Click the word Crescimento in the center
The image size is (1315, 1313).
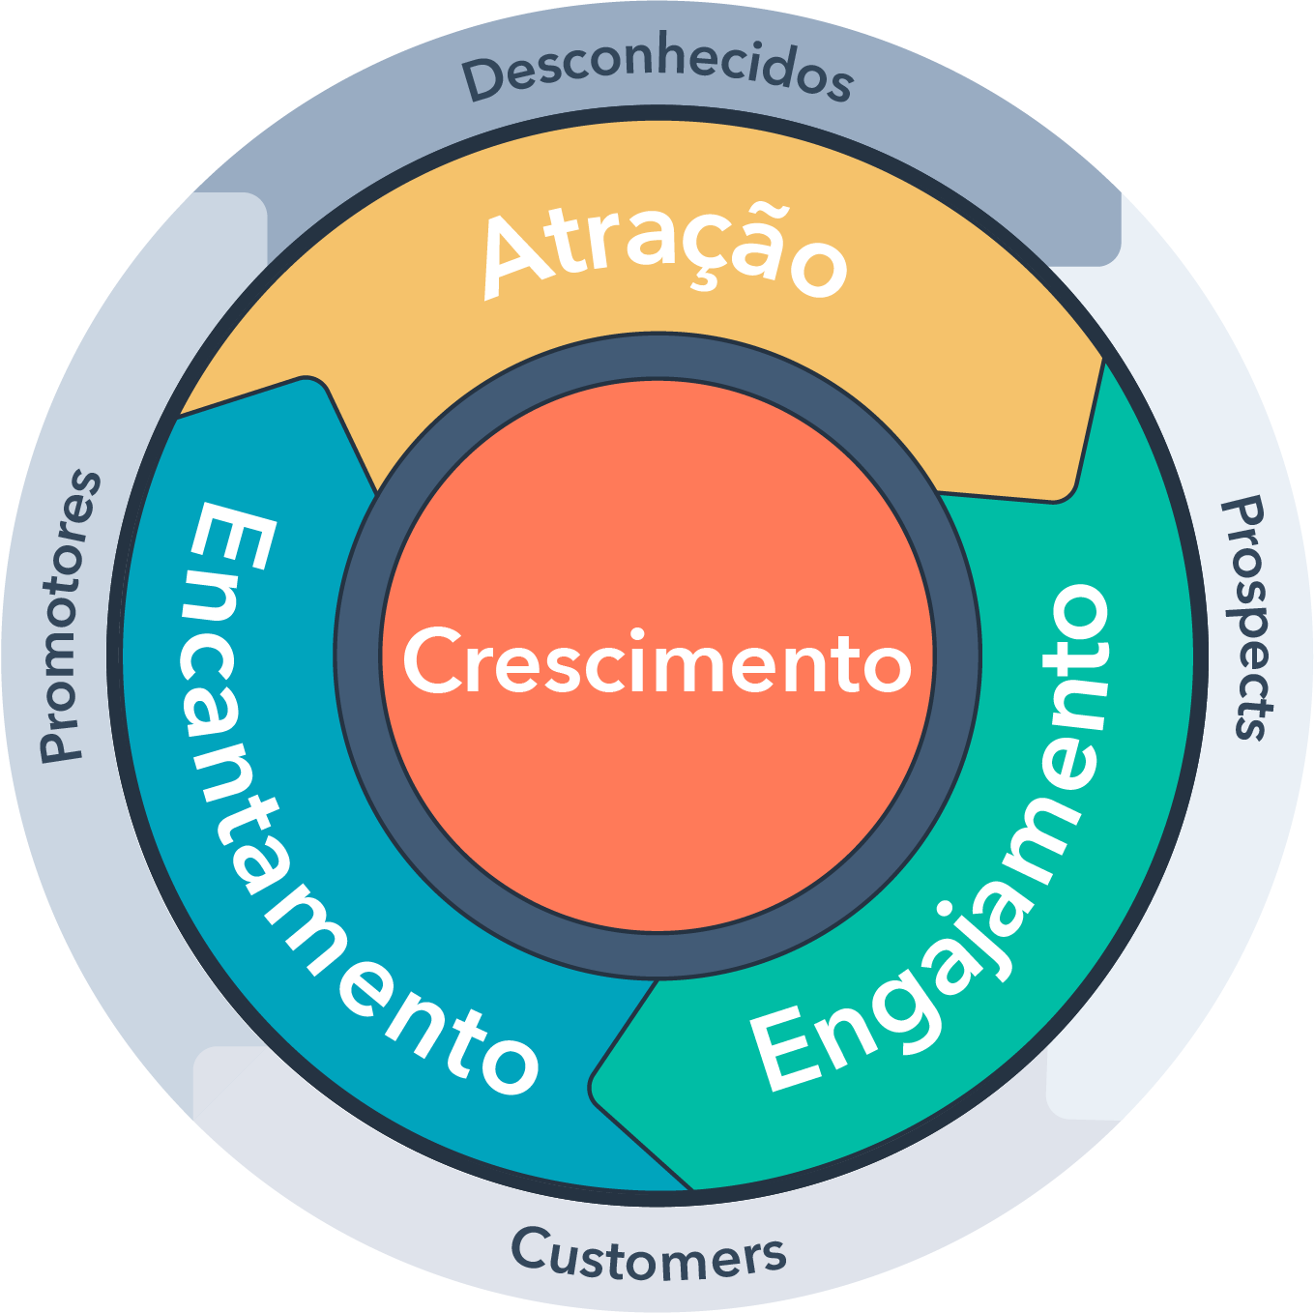click(657, 660)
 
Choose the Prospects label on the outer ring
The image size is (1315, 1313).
click(1246, 618)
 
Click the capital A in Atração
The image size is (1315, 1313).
click(517, 257)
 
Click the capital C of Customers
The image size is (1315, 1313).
click(529, 1248)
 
